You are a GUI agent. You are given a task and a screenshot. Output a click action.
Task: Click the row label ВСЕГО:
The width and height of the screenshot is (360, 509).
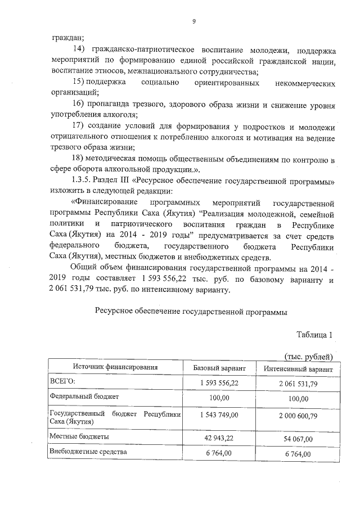click(63, 382)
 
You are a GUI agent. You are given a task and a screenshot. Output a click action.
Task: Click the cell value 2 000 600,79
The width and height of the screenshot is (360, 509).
click(298, 415)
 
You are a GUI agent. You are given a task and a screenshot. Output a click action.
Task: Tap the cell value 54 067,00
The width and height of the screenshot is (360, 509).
click(298, 438)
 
